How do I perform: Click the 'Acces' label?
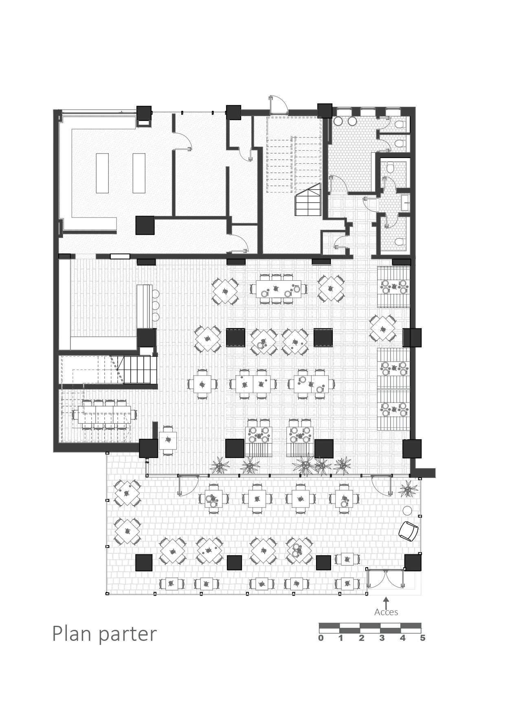tap(386, 612)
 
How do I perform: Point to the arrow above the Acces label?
tap(386, 602)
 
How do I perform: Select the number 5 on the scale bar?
tap(423, 638)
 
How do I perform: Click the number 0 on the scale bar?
tap(321, 638)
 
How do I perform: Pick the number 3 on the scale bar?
tap(382, 638)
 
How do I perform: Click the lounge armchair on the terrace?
tap(408, 531)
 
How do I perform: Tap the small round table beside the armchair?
tap(407, 510)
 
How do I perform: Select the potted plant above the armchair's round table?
tap(407, 488)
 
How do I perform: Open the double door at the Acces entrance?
tap(386, 579)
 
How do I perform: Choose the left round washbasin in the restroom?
tap(338, 121)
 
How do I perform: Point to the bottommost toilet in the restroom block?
tap(399, 242)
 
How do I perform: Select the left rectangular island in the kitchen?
tap(102, 173)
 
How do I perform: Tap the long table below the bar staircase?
tap(104, 415)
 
